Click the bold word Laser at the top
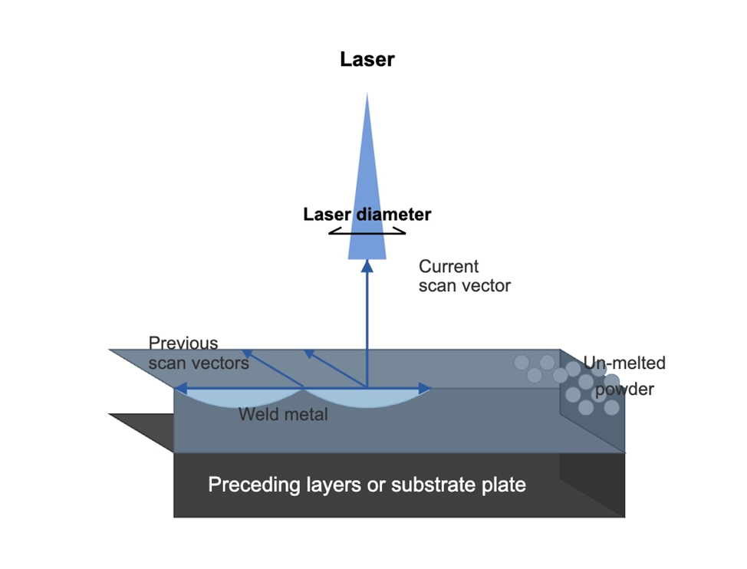(367, 59)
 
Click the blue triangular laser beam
(367, 192)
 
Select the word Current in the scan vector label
(449, 267)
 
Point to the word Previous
(183, 344)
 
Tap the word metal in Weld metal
(305, 415)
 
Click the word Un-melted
(624, 363)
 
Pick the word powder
(625, 390)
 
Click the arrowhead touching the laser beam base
(367, 265)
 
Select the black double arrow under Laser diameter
(367, 231)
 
